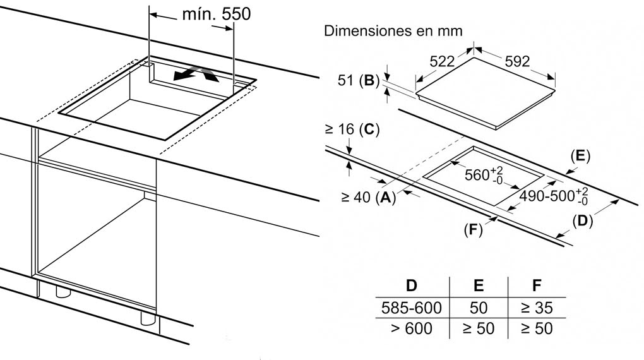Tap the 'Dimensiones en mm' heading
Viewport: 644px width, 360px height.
point(393,31)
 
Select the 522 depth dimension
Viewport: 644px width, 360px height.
point(442,61)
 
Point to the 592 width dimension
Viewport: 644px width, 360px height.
point(516,61)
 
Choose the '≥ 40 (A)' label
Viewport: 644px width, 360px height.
point(369,198)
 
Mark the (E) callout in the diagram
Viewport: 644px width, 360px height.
point(580,156)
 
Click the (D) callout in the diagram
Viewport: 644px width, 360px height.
point(583,222)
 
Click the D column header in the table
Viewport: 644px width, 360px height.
point(411,285)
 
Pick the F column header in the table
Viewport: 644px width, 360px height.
point(537,285)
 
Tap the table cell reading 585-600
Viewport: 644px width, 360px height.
point(411,308)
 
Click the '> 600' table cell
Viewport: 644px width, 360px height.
point(411,328)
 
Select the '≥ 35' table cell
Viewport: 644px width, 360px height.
point(537,308)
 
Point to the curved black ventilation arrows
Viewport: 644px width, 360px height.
point(197,75)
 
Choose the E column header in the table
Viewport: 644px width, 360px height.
point(479,285)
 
